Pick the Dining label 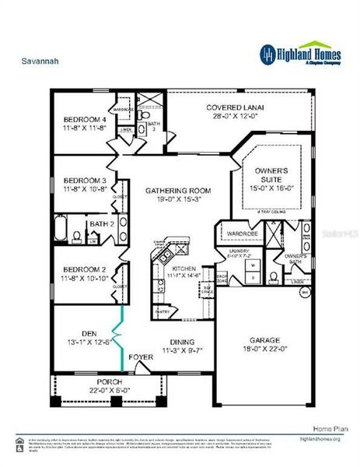click(183, 341)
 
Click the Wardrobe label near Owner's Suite click(243, 233)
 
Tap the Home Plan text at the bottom click(327, 429)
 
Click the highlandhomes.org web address click(320, 440)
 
